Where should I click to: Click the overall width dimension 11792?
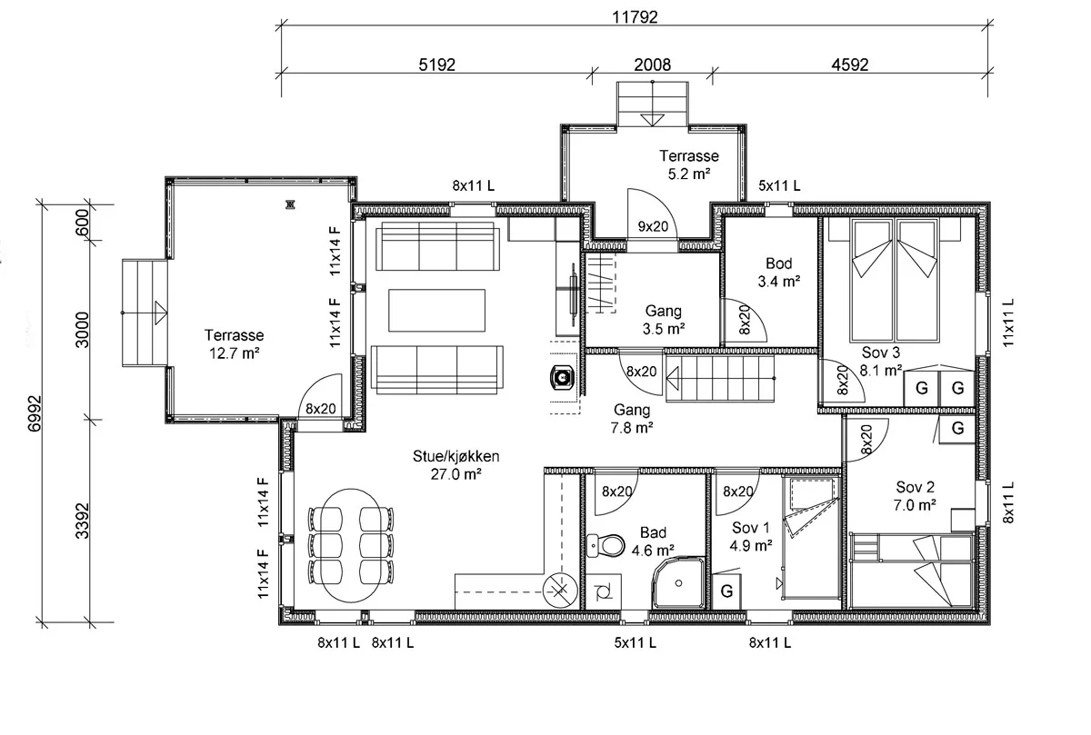pyautogui.click(x=635, y=17)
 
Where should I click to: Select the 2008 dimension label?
pyautogui.click(x=652, y=65)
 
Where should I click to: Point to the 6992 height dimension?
pyautogui.click(x=35, y=413)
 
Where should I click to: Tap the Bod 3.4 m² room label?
pyautogui.click(x=779, y=272)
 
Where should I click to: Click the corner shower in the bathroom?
pyautogui.click(x=678, y=582)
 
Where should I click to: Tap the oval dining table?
pyautogui.click(x=351, y=545)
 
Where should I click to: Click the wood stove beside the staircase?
pyautogui.click(x=563, y=377)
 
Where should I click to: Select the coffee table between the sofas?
pyautogui.click(x=437, y=310)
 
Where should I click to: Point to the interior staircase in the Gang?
pyautogui.click(x=720, y=378)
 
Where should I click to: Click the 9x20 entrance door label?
pyautogui.click(x=653, y=226)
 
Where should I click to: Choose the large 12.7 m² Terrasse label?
pyautogui.click(x=234, y=343)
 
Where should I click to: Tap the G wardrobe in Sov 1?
pyautogui.click(x=726, y=591)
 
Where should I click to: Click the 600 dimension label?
pyautogui.click(x=83, y=223)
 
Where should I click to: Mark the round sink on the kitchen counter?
pyautogui.click(x=560, y=591)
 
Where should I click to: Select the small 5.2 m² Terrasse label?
pyautogui.click(x=689, y=164)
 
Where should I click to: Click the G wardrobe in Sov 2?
pyautogui.click(x=957, y=428)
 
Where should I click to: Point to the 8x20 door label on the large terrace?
pyautogui.click(x=320, y=409)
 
